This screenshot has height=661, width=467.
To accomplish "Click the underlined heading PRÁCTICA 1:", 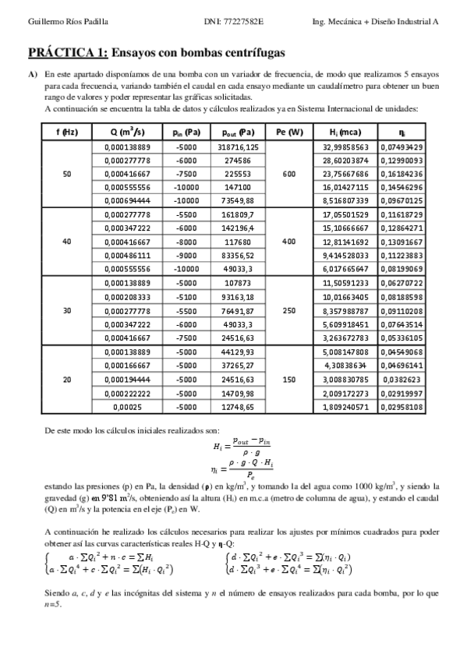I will (x=68, y=53).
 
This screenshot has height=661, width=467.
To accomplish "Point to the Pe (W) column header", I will (x=289, y=133).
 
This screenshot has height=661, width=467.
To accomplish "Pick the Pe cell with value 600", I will (x=289, y=174).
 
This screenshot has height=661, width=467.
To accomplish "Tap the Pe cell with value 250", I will (x=289, y=310).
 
